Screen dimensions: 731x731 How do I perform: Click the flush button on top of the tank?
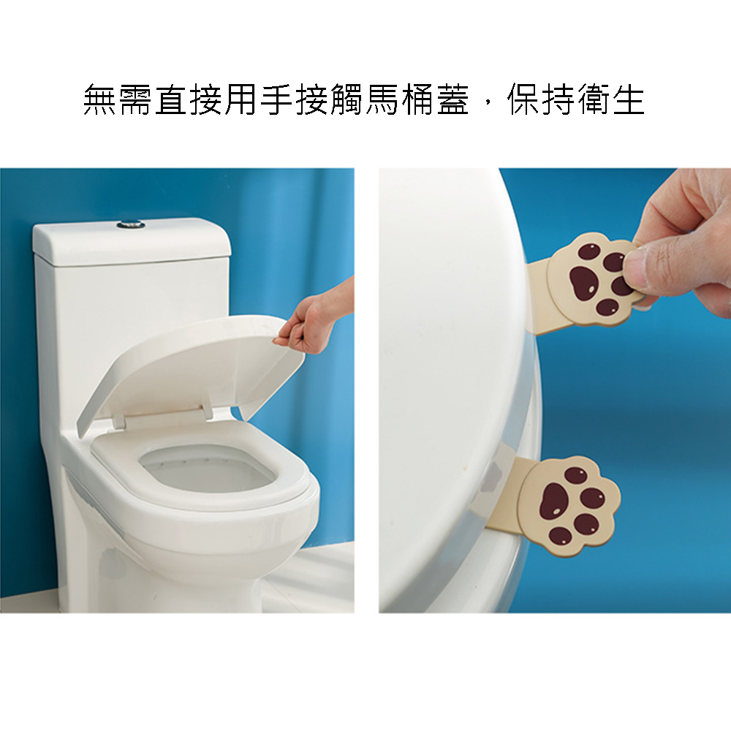[131, 224]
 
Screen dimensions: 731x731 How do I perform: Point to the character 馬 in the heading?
[382, 99]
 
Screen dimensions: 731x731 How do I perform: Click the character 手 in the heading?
[277, 99]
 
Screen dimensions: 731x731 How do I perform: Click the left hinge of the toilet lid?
[119, 422]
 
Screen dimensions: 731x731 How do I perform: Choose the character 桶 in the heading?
[417, 99]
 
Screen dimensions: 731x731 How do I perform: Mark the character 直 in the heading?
[171, 99]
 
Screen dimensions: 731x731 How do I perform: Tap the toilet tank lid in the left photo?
[132, 243]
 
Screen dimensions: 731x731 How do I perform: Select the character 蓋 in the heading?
[452, 99]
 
